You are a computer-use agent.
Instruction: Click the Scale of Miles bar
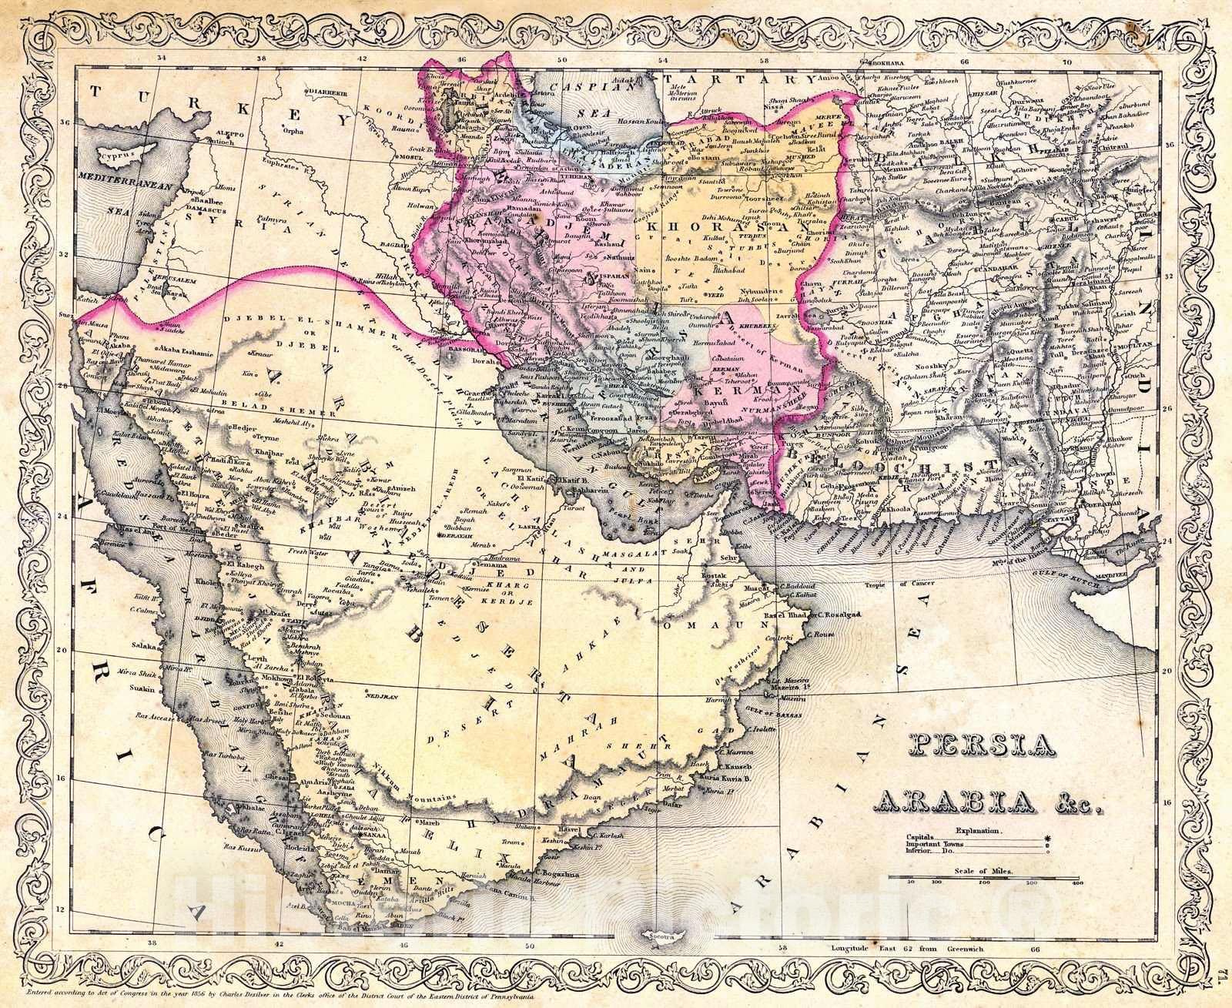tap(986, 877)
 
